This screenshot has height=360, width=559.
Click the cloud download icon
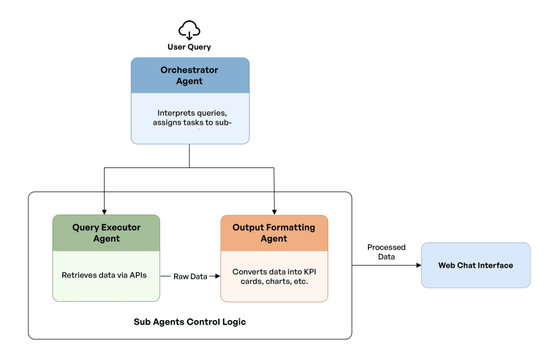[189, 30]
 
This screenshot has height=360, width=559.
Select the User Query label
[189, 47]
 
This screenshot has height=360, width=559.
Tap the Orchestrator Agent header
[189, 75]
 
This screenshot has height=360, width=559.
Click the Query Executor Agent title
[106, 233]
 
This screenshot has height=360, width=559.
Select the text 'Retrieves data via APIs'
[104, 275]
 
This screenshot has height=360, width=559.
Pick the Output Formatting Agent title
[274, 233]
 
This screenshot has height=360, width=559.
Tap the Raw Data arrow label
[190, 277]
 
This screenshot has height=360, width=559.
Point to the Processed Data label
[386, 252]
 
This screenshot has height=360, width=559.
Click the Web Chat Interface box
[475, 265]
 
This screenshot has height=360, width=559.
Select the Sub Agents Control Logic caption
[190, 322]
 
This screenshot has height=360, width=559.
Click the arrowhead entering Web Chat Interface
[418, 266]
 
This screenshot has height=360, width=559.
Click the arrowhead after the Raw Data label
[217, 277]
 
